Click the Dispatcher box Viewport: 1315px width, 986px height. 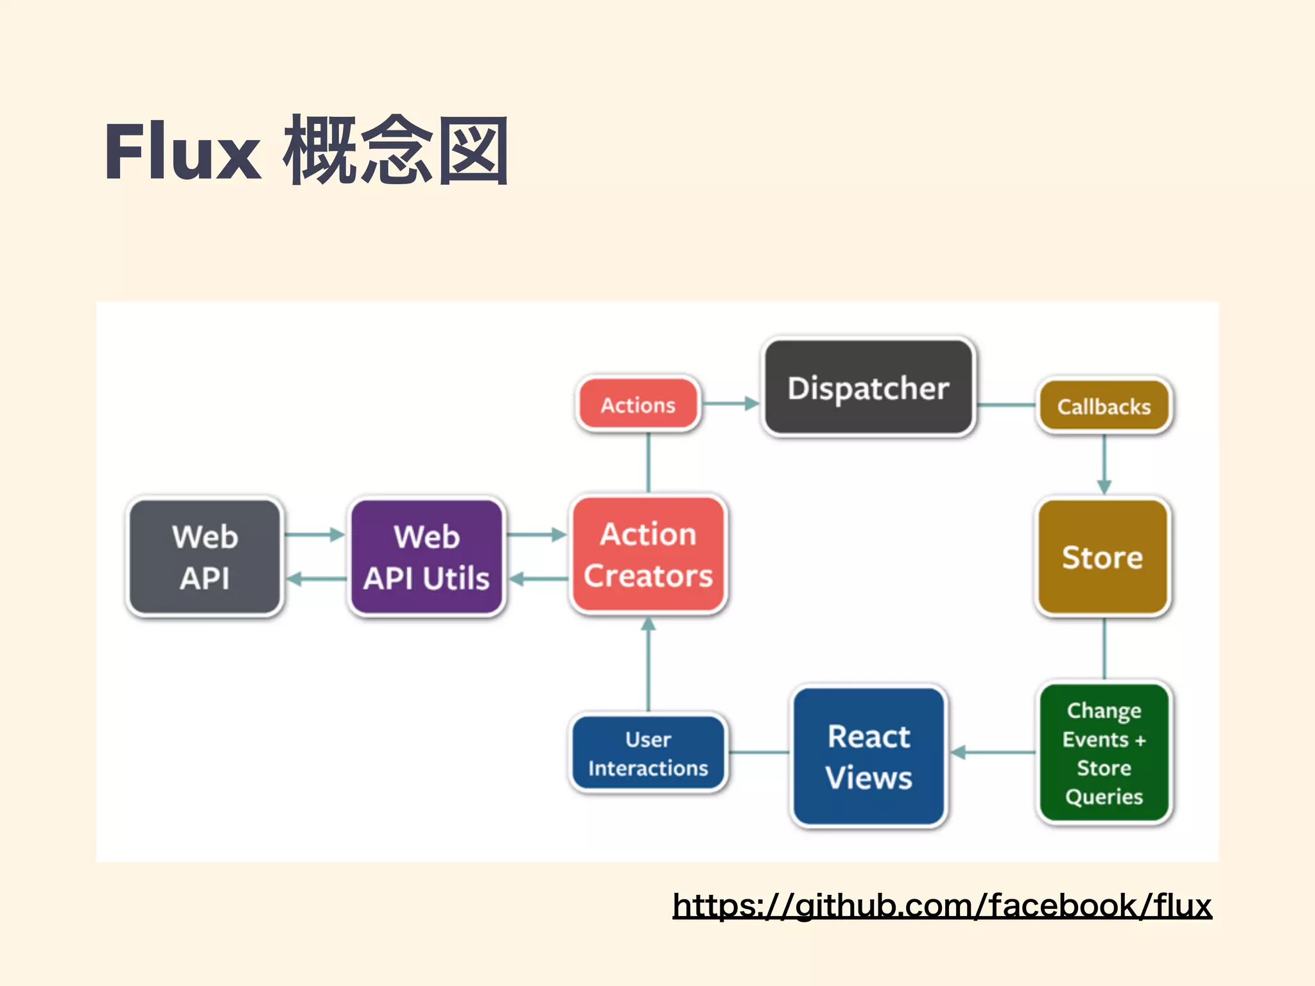point(868,388)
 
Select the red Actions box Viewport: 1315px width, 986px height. point(638,404)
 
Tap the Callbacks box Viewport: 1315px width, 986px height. point(1104,406)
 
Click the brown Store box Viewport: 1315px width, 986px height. point(1102,557)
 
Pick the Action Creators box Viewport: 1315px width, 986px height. point(648,555)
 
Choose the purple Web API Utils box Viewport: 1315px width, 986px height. point(426,557)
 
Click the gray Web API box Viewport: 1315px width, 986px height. point(205,557)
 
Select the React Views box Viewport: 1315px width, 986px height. point(869,756)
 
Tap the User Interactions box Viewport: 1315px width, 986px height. point(648,753)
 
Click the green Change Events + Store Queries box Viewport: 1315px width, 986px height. point(1104,753)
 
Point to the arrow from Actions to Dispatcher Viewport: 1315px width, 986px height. point(731,404)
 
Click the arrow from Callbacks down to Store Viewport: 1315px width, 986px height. point(1104,465)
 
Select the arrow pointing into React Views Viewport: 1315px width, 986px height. point(992,752)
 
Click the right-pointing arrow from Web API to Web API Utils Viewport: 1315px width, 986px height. point(315,534)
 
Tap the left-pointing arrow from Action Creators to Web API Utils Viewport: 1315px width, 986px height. point(538,579)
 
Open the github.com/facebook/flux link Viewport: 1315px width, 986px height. point(942,906)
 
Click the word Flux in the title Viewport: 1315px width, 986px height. point(183,153)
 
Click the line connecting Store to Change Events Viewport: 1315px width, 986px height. point(1104,648)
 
